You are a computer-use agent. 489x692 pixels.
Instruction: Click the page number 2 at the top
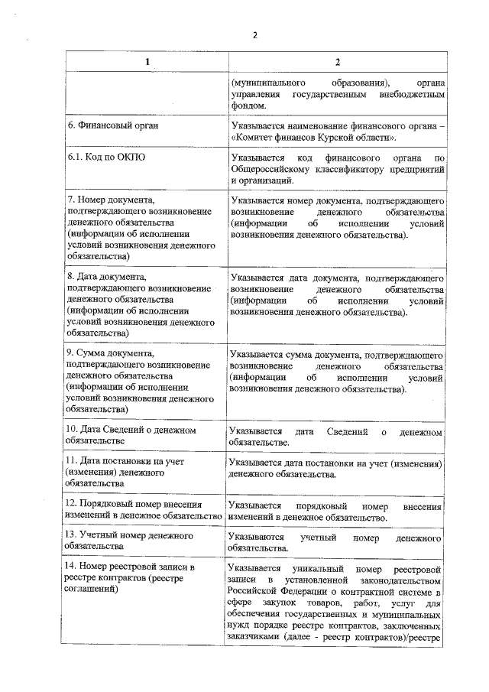tap(255, 34)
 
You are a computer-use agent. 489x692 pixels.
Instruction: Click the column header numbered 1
tap(147, 61)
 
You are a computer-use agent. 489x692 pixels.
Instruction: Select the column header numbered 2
tap(336, 61)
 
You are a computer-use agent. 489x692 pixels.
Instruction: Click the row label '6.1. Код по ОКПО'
tap(107, 158)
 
